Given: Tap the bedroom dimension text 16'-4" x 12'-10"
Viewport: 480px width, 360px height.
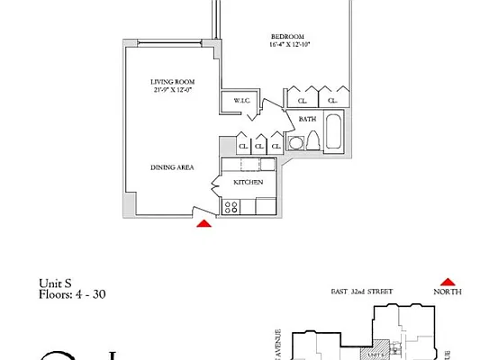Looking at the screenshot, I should coord(288,44).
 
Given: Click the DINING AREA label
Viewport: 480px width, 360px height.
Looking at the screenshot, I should coord(172,167).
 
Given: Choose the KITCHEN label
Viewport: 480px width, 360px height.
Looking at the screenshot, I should coord(248,182).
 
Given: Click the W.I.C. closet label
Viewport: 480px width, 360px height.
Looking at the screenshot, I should coord(241,100).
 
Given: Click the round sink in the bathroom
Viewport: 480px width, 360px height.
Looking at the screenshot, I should coord(294,143).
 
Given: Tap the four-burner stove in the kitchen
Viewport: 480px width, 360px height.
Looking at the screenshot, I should coord(231,207).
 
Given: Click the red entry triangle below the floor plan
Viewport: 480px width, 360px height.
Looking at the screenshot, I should coord(205,224).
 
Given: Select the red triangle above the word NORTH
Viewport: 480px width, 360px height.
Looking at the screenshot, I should coord(444,280).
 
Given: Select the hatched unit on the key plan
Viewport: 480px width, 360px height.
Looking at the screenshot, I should coord(385,349).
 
